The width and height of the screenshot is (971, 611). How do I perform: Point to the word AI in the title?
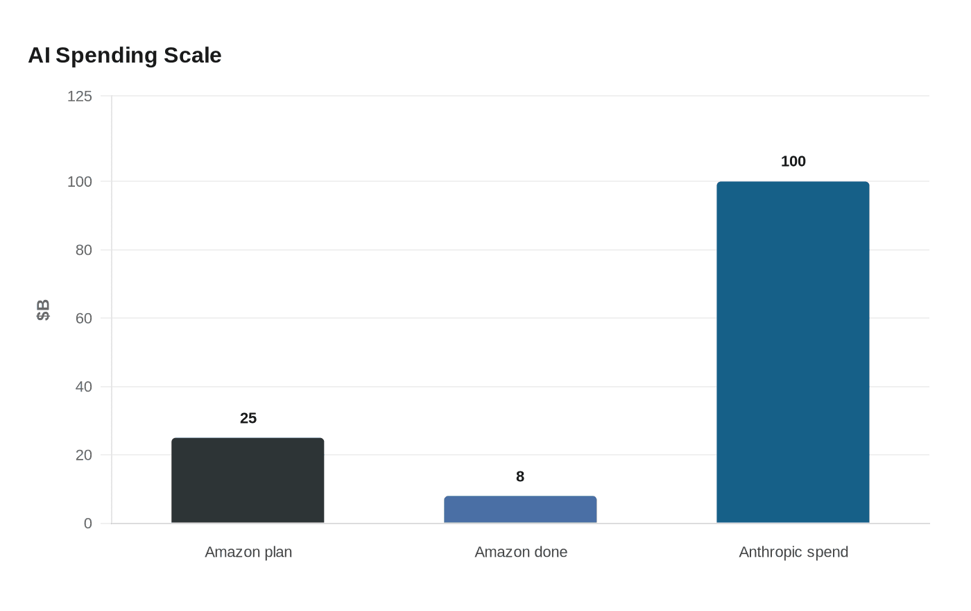[x=39, y=56]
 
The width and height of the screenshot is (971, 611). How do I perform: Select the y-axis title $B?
[x=43, y=310]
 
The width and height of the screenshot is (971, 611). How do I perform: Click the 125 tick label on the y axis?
[x=80, y=97]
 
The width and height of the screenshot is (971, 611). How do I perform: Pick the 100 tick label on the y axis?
[x=80, y=182]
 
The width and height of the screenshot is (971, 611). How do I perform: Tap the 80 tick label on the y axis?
[x=84, y=250]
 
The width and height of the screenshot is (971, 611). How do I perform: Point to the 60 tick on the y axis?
[x=84, y=319]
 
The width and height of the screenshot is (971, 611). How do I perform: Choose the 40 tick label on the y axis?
[x=84, y=387]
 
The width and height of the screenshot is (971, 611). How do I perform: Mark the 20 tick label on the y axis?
[x=84, y=455]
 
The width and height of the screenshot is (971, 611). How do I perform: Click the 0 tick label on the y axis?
[x=88, y=524]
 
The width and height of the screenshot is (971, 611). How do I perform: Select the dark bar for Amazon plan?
[x=248, y=480]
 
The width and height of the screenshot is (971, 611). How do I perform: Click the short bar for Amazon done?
[x=520, y=510]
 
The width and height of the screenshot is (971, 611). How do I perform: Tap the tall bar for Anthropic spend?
[x=793, y=353]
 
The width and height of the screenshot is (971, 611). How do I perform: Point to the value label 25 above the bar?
[x=248, y=418]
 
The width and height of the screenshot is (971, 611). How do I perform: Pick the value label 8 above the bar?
[x=520, y=476]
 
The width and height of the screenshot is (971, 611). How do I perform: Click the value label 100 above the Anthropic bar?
[x=793, y=162]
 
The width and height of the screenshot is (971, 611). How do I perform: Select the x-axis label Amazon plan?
[x=248, y=552]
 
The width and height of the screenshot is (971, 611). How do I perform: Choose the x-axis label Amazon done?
[x=521, y=552]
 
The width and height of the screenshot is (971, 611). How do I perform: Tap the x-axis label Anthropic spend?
[x=793, y=552]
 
